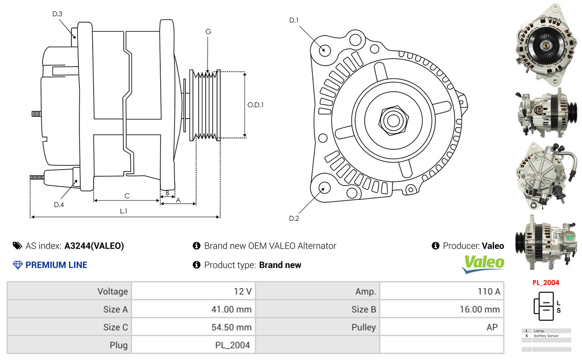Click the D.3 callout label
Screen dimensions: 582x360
[x=57, y=14]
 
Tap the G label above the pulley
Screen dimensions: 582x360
[x=208, y=32]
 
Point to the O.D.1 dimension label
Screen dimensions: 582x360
[x=255, y=105]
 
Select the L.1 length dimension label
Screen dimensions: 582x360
[x=123, y=211]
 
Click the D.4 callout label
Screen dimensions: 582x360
[x=59, y=205]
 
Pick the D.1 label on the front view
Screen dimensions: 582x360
[x=294, y=20]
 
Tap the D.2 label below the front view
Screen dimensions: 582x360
[x=294, y=218]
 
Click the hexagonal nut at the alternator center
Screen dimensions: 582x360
[x=393, y=120]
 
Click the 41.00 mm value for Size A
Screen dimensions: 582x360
[x=231, y=309]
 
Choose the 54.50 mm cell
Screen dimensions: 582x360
[x=231, y=327]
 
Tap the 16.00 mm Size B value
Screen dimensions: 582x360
[x=479, y=309]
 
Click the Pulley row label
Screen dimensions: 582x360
[x=364, y=327]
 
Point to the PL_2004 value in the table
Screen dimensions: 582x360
[x=233, y=345]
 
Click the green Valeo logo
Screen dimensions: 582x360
[x=483, y=264]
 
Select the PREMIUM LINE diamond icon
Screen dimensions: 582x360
[x=17, y=265]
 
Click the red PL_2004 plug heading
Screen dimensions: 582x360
[x=546, y=283]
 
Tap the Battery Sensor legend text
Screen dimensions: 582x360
[x=546, y=335]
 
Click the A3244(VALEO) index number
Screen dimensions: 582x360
[x=94, y=246]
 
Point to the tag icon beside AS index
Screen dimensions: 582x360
[x=17, y=246]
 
